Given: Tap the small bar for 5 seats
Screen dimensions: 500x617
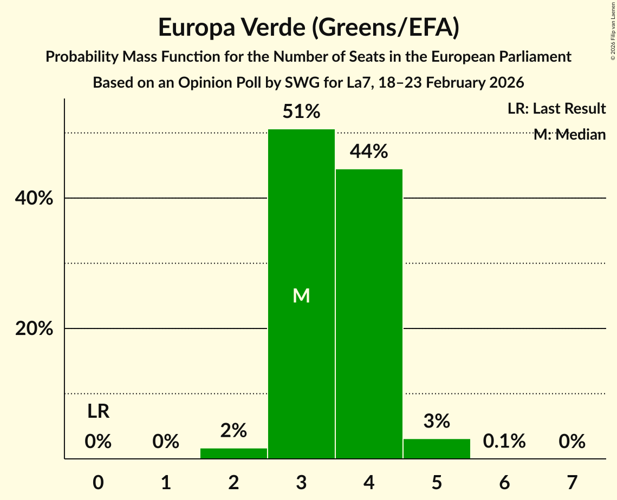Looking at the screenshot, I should [437, 449].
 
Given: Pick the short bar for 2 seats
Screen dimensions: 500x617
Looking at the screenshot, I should [233, 453].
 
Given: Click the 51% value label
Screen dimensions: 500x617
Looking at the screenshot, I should [301, 112].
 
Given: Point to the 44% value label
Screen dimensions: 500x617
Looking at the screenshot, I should [369, 152].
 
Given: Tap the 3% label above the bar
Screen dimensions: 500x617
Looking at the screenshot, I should [437, 420].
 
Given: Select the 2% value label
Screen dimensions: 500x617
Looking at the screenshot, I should [233, 431].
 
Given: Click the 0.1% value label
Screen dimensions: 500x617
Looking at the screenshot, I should [504, 442].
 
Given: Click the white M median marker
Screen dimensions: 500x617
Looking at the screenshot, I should [301, 295].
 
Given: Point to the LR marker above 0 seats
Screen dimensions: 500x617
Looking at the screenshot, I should [98, 412].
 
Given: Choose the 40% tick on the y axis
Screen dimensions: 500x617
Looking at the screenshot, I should [34, 199].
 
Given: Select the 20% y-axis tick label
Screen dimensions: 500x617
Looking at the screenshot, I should [34, 329].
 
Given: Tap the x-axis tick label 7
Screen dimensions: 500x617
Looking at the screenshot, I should [572, 482].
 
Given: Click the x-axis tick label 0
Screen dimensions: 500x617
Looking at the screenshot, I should [98, 482].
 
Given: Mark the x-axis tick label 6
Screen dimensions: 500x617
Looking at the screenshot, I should [504, 482].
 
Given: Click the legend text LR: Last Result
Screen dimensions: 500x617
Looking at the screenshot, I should [556, 109].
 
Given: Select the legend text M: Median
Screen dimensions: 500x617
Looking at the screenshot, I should [569, 134].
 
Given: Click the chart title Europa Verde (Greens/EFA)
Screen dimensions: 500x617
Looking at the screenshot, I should [308, 28].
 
